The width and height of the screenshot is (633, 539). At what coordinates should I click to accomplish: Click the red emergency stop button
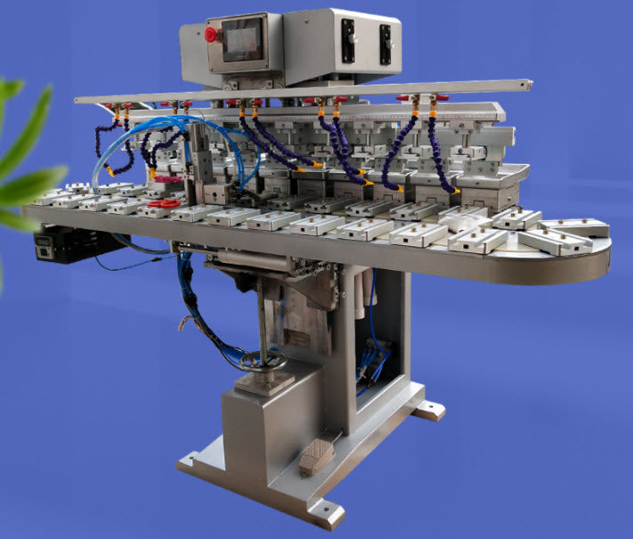211,35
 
